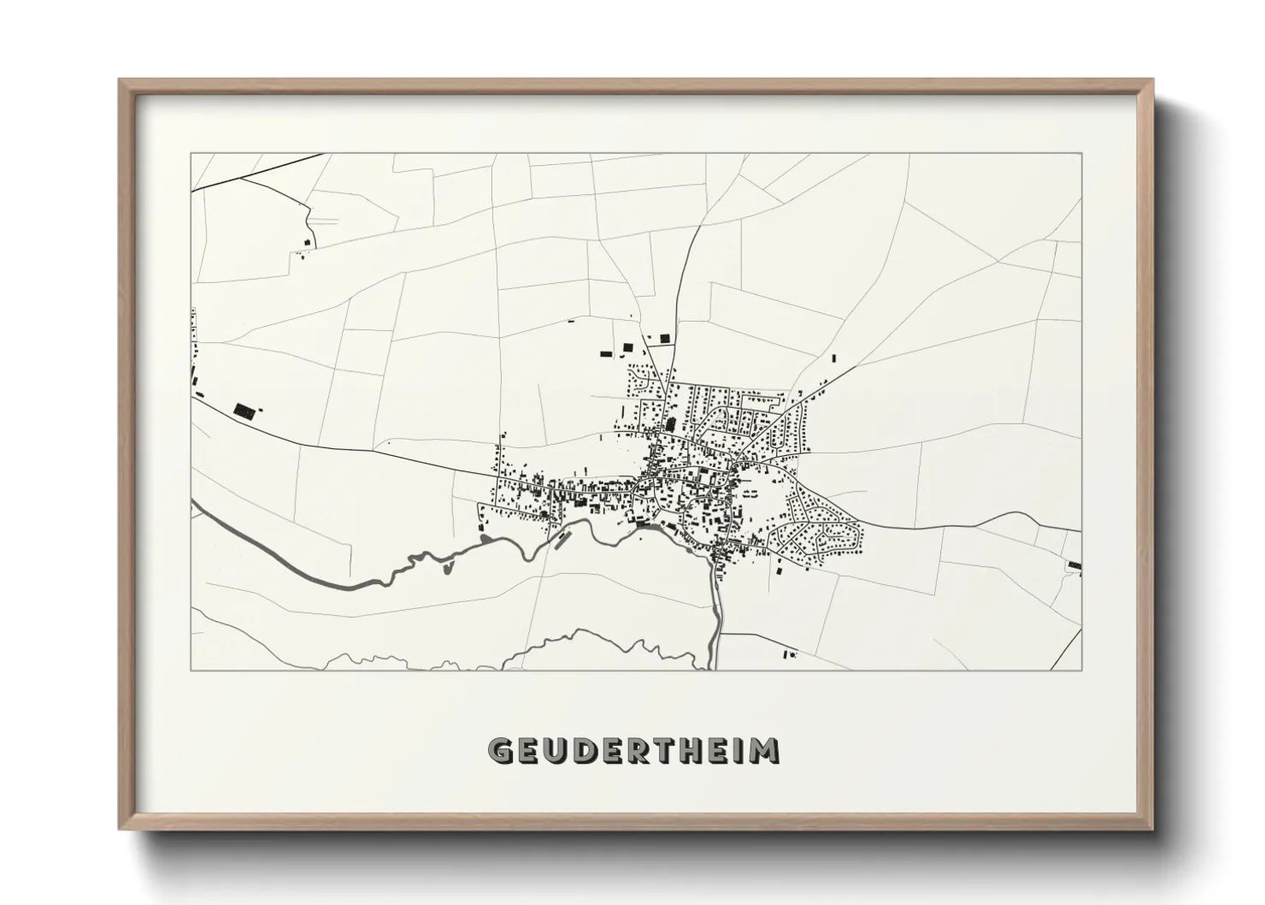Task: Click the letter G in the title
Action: pyautogui.click(x=500, y=751)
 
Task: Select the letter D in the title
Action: pyautogui.click(x=587, y=751)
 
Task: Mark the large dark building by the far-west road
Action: pyautogui.click(x=245, y=411)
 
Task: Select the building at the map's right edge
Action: pyautogui.click(x=1074, y=565)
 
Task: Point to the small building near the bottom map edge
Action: pyautogui.click(x=787, y=654)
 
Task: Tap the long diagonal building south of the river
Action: pyautogui.click(x=562, y=539)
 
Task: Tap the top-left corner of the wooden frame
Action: pyautogui.click(x=121, y=80)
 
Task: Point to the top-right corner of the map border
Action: pyautogui.click(x=1081, y=154)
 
